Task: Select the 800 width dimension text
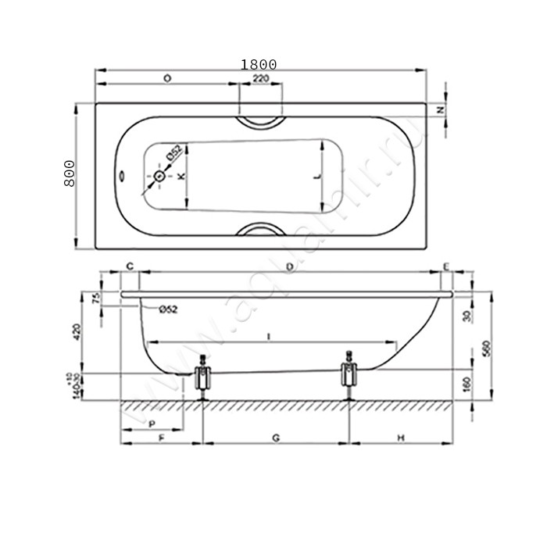[x=69, y=173]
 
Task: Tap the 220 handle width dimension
[x=261, y=79]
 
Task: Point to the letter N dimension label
[x=440, y=110]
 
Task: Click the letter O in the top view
[x=167, y=79]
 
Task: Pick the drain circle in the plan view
[x=159, y=177]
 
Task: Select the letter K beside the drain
[x=181, y=177]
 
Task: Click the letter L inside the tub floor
[x=317, y=177]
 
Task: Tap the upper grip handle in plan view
[x=261, y=121]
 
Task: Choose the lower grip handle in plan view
[x=261, y=231]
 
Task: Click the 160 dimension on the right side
[x=467, y=384]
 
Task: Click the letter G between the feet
[x=276, y=438]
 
